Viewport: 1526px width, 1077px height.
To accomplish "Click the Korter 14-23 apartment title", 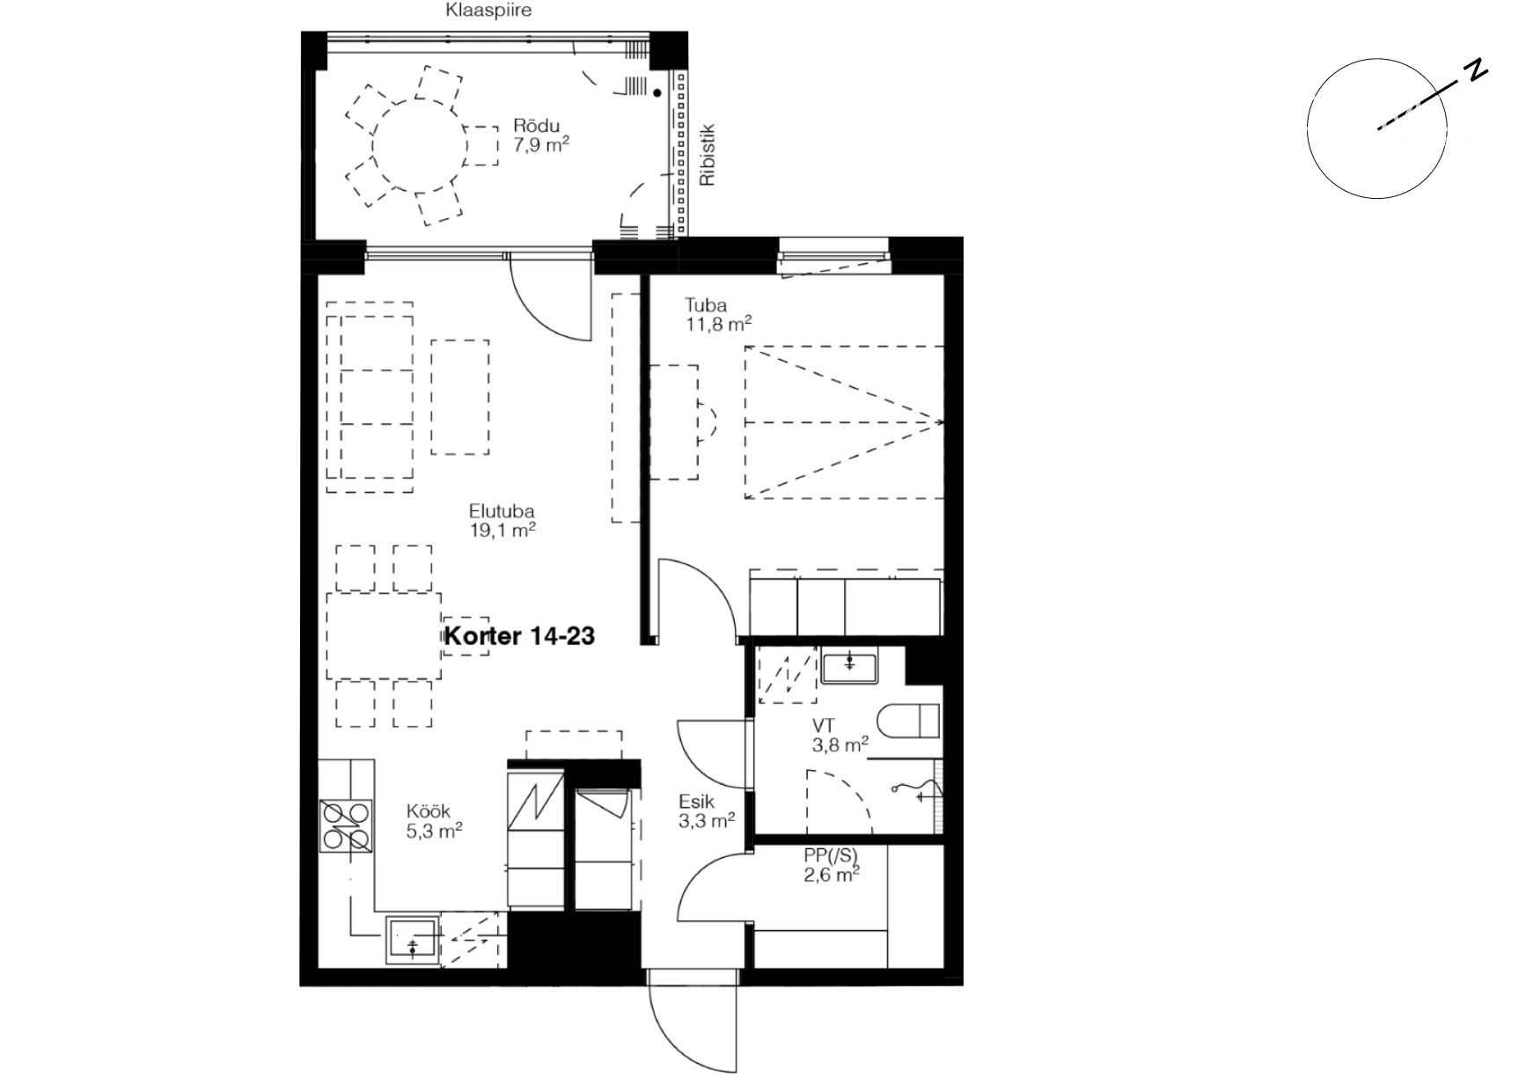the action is pos(519,635).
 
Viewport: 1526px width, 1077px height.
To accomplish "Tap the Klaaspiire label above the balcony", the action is pos(488,11).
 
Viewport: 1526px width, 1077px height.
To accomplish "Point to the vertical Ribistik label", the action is pos(708,155).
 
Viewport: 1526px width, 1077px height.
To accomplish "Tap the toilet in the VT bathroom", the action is pos(910,721).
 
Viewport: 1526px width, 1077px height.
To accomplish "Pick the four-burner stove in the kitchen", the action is pos(346,827).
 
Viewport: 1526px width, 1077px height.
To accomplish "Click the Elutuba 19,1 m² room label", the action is pos(503,520).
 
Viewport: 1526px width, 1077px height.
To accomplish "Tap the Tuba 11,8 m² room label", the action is pos(718,314).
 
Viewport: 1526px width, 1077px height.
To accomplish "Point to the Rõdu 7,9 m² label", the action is pos(541,136).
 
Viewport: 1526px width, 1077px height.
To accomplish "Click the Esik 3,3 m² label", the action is pos(707,811).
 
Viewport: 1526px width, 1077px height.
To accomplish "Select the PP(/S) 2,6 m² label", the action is pos(831,864).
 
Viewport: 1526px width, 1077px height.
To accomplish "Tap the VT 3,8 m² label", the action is pos(840,736).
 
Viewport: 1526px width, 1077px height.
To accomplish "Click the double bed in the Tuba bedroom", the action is pos(844,422).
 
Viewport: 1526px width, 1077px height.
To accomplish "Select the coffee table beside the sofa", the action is pos(460,397).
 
